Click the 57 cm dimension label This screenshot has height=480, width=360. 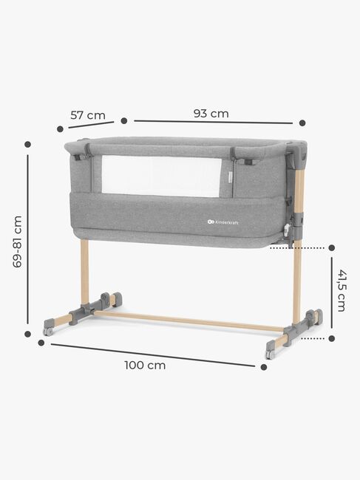click(x=87, y=115)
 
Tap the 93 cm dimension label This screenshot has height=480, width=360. click(x=211, y=113)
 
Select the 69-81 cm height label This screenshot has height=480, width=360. click(x=18, y=241)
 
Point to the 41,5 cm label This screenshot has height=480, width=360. click(x=342, y=290)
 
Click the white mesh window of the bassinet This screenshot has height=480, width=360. click(x=161, y=176)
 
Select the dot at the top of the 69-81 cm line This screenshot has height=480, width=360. click(x=28, y=145)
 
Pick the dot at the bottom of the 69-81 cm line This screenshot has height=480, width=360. click(x=28, y=334)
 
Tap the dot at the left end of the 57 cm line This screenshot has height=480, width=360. click(x=60, y=128)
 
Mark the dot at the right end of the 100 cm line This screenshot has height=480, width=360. click(x=264, y=366)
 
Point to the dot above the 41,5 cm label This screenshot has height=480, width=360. click(x=332, y=248)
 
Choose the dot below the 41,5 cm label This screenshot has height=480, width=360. click(x=332, y=339)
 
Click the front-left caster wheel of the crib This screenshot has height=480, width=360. click(x=49, y=330)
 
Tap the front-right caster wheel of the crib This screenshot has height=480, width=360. click(x=271, y=354)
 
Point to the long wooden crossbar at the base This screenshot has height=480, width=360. click(x=185, y=320)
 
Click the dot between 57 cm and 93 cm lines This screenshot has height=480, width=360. click(x=124, y=120)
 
